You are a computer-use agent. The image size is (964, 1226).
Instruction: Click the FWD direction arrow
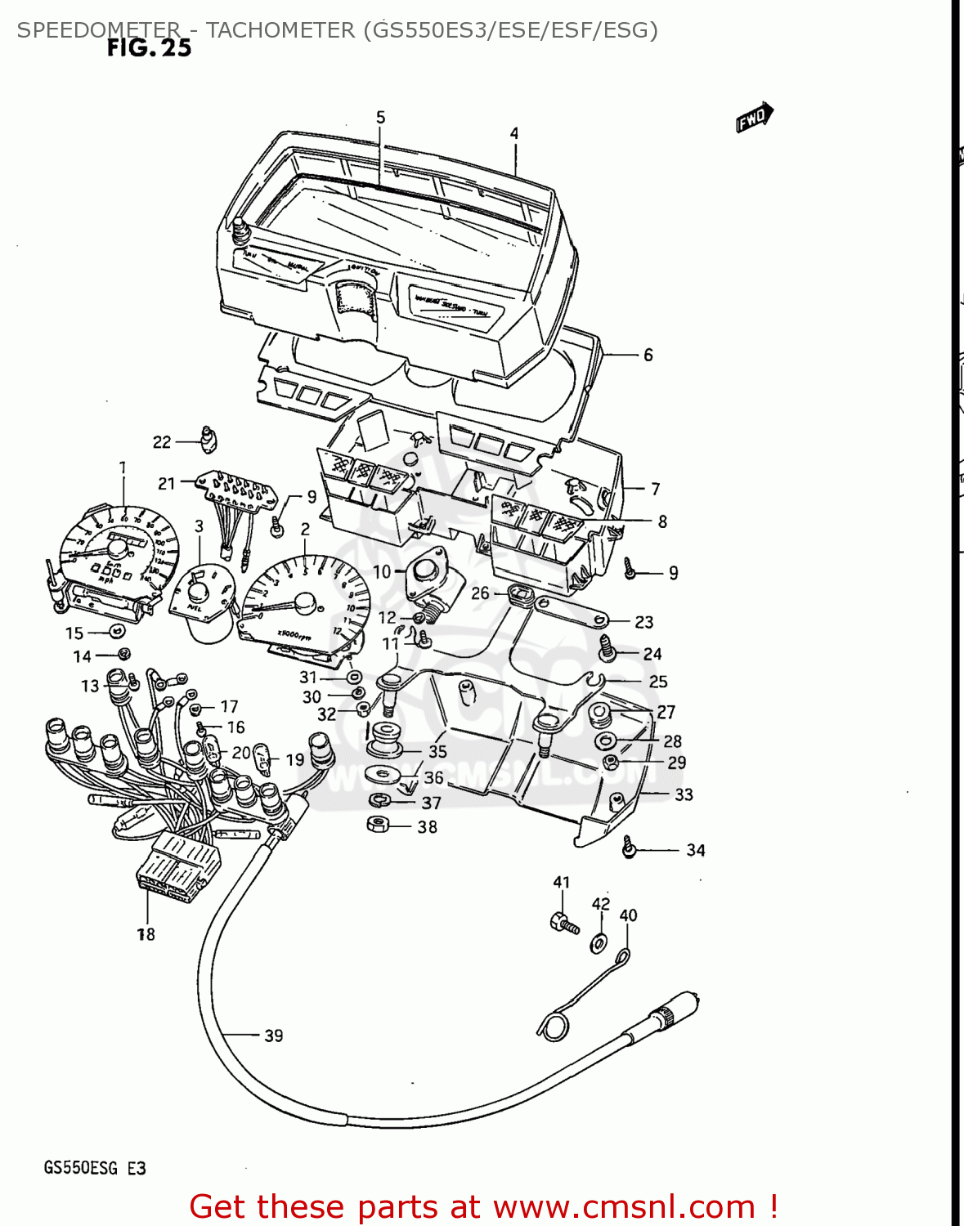(x=754, y=118)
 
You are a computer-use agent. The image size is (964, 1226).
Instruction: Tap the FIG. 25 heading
(x=149, y=48)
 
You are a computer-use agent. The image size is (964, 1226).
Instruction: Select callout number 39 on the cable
(x=274, y=1036)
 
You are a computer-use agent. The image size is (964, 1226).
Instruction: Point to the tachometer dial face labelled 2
(x=298, y=601)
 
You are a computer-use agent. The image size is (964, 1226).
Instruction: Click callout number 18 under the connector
(x=146, y=934)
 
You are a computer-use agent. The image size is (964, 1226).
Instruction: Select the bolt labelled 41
(x=563, y=923)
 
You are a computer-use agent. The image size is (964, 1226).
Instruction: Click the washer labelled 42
(x=599, y=943)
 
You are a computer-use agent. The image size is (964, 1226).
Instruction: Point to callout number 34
(x=695, y=850)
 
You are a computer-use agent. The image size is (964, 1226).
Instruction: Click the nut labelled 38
(x=378, y=825)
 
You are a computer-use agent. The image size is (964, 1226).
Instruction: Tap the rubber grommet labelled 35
(x=383, y=739)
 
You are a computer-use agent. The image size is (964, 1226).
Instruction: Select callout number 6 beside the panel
(x=648, y=355)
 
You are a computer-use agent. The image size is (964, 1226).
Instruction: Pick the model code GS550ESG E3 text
(x=95, y=1168)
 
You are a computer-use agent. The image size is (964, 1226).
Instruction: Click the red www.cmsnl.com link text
(x=624, y=1206)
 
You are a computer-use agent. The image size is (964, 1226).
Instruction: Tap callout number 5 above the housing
(x=380, y=118)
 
